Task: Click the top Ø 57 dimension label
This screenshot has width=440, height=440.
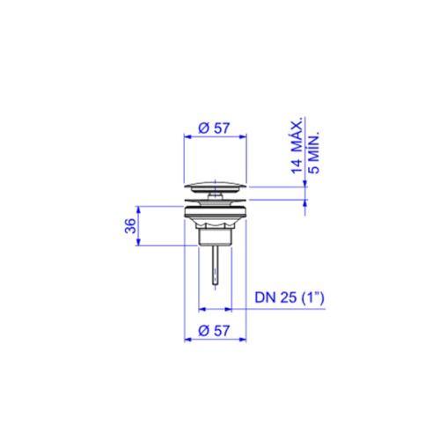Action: coord(214,128)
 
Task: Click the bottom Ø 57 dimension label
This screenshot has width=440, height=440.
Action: coord(214,331)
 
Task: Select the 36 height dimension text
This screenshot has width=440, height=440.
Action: coord(131,226)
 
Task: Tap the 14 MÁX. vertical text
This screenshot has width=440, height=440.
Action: coord(297,146)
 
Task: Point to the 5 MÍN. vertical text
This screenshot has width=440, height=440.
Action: coord(314,154)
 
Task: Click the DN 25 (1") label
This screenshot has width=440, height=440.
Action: coord(290,297)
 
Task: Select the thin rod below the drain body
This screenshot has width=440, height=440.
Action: coord(216,265)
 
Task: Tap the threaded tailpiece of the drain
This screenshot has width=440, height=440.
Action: coord(216,237)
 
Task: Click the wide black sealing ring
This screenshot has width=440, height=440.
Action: coord(216,212)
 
